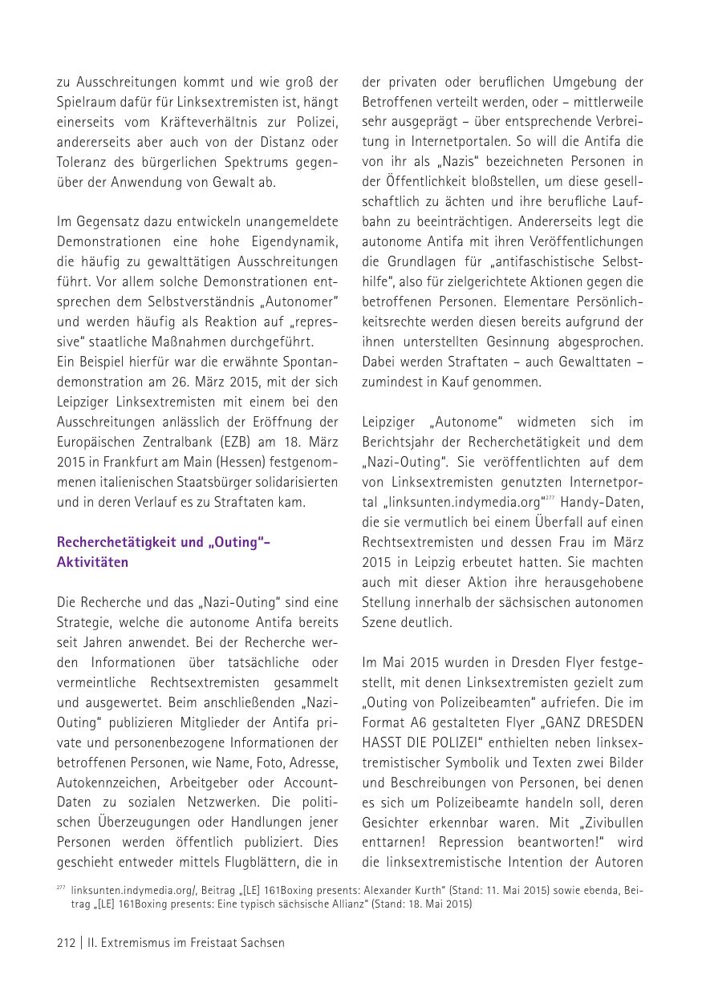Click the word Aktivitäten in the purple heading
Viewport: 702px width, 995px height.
92,562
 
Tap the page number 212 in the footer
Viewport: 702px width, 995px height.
66,943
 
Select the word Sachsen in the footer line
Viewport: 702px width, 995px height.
262,943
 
